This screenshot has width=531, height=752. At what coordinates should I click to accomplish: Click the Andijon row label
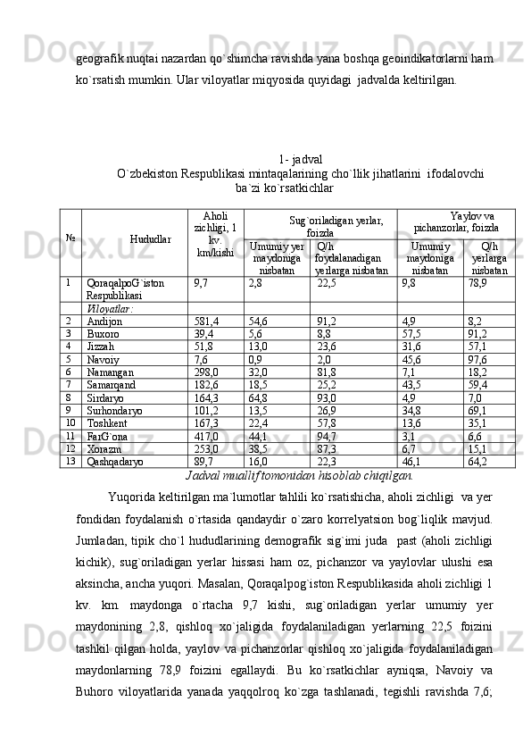[104, 321]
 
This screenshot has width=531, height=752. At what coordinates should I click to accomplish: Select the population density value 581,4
[207, 321]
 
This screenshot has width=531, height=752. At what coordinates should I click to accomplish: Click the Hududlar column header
[150, 239]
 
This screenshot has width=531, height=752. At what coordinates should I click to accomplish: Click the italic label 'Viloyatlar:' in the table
[111, 307]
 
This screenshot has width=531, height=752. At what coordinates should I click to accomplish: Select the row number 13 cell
[71, 462]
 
